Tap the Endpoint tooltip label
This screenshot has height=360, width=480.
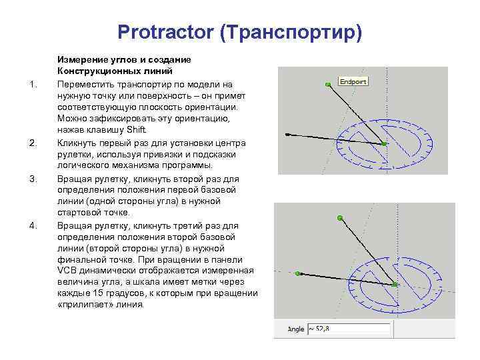point(353,81)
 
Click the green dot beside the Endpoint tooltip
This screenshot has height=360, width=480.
point(327,85)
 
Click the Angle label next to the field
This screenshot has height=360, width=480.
point(295,329)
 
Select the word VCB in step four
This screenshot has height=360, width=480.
point(67,270)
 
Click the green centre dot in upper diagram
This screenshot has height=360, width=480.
point(384,143)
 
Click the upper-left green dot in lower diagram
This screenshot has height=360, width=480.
point(340,218)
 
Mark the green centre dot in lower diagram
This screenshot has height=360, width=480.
point(395,284)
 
